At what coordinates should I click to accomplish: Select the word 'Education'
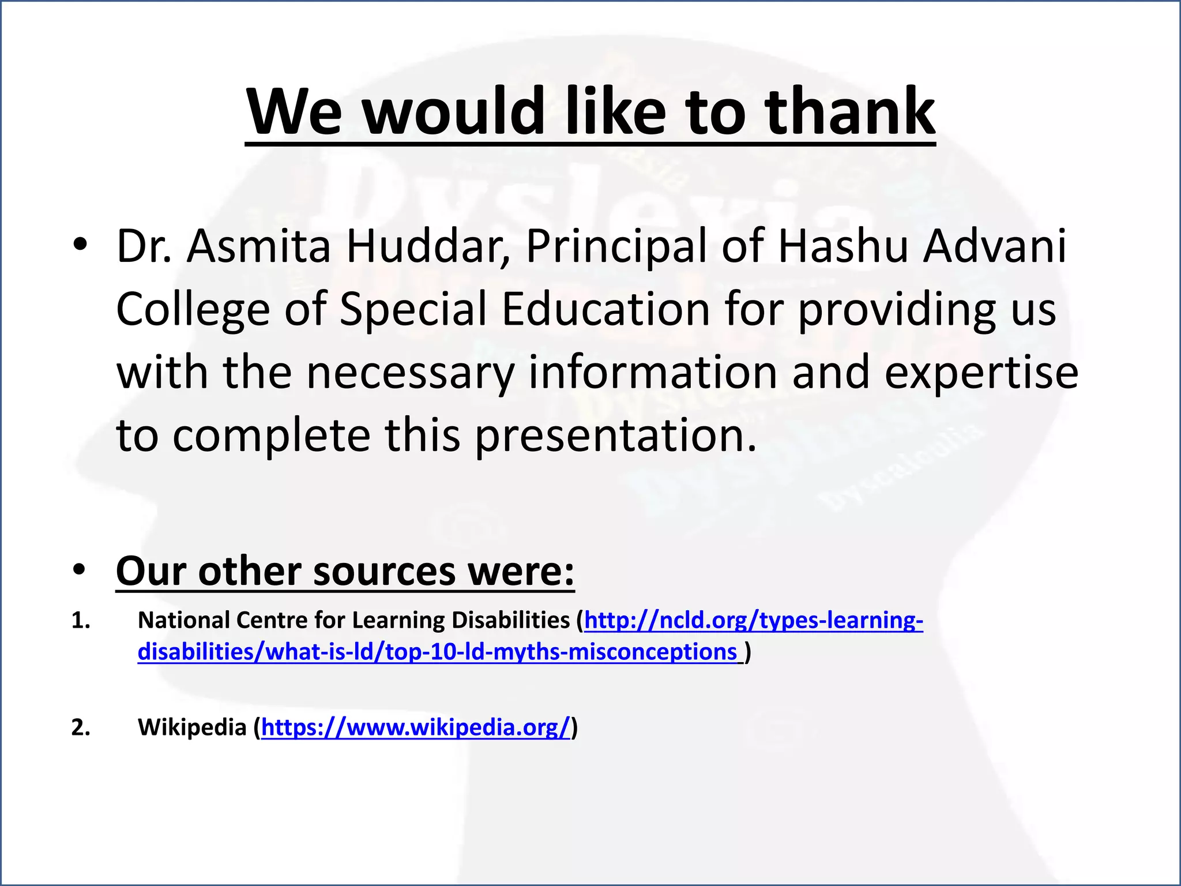point(605,309)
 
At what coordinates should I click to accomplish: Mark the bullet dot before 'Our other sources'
point(80,571)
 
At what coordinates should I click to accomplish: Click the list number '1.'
point(81,621)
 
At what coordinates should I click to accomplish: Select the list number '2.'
point(81,728)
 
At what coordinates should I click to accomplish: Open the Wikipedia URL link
point(415,727)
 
